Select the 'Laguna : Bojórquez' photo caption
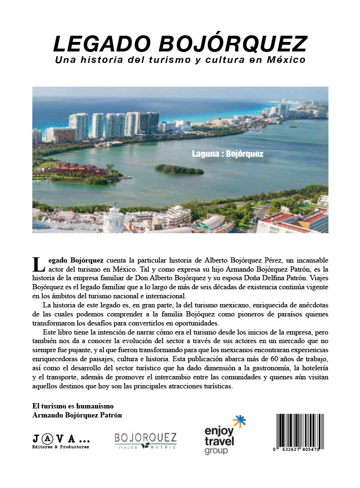point(227,154)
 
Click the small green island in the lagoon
point(179,169)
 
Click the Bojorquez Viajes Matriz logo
point(145,441)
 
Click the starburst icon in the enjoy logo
point(239,422)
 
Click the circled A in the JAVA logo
point(48,438)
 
